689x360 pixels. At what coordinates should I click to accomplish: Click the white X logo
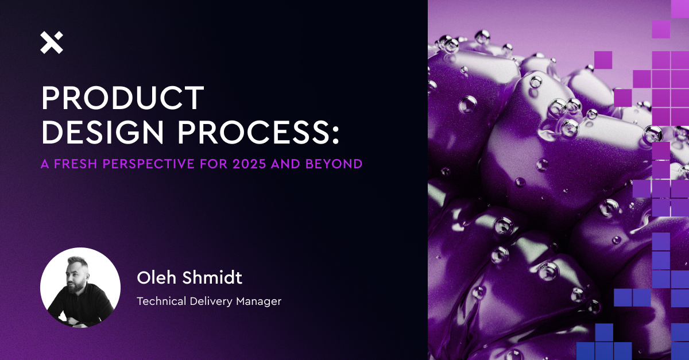[52, 42]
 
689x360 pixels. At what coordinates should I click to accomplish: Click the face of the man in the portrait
[78, 275]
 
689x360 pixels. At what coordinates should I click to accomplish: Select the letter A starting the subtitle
[45, 164]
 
